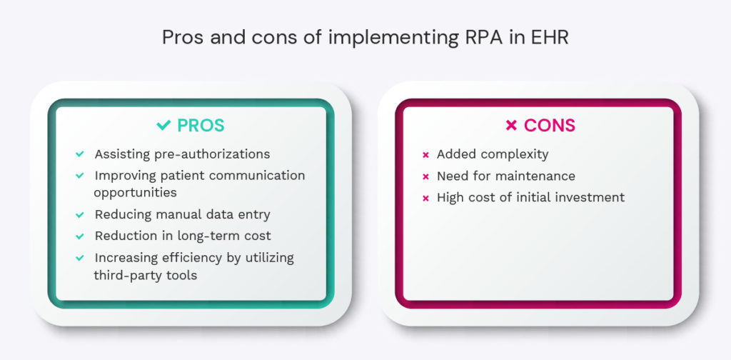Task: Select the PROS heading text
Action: click(x=201, y=126)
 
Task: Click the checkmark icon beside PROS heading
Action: click(x=163, y=126)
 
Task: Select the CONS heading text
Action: click(x=549, y=126)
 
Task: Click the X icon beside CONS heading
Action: click(x=511, y=126)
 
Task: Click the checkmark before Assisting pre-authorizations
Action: click(x=79, y=154)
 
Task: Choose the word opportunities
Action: click(x=136, y=193)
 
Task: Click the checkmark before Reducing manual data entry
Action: click(x=79, y=214)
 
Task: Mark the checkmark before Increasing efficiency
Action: click(x=79, y=258)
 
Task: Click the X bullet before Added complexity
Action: click(x=425, y=154)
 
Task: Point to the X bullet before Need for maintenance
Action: click(x=425, y=176)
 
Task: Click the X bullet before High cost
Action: click(x=425, y=197)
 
